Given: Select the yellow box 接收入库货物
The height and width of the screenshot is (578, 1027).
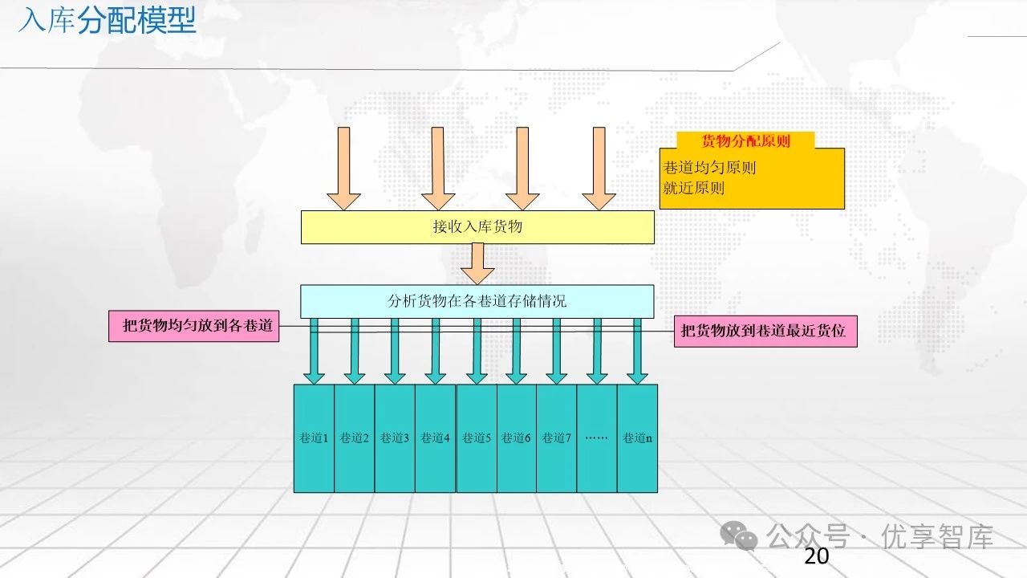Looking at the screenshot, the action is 477,227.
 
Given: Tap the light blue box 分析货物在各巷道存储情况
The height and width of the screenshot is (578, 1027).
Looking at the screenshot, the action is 477,301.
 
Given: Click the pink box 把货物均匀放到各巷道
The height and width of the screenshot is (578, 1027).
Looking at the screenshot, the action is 193,327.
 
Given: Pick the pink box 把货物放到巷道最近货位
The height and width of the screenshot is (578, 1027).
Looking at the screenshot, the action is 765,330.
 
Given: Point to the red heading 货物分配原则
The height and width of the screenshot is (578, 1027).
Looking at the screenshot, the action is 745,141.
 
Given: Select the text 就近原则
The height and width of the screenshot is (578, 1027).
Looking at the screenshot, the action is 694,188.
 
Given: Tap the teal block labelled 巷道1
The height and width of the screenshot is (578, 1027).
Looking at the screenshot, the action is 314,438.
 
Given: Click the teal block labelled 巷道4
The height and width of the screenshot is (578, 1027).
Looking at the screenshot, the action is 435,438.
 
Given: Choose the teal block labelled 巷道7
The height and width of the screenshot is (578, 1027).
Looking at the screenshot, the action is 556,438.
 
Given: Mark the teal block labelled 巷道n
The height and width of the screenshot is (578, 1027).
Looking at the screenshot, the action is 637,438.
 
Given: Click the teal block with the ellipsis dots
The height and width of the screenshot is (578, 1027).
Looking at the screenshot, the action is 596,438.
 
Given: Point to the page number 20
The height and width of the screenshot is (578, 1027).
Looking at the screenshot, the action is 816,556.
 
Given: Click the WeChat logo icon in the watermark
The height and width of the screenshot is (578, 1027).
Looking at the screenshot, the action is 738,535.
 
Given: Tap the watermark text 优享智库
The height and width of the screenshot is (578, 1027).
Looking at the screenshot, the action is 937,535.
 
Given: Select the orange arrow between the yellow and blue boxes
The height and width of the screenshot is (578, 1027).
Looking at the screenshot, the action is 477,263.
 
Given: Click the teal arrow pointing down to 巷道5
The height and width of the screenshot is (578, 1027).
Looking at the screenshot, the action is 477,351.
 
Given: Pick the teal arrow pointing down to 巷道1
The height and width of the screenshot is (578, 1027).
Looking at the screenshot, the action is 315,351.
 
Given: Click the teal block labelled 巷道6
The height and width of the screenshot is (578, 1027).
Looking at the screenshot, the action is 516,438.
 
